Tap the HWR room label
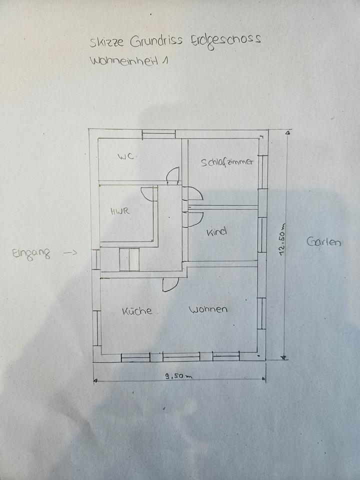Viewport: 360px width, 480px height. click(x=120, y=211)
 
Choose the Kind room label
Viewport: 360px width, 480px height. click(x=216, y=231)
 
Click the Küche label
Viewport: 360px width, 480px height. click(x=137, y=311)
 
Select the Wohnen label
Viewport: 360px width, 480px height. click(x=207, y=309)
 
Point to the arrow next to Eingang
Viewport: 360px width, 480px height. click(x=70, y=253)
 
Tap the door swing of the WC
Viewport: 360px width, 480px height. click(x=172, y=174)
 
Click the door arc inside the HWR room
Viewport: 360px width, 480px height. click(x=149, y=193)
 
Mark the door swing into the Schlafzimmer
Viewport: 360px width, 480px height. click(x=193, y=193)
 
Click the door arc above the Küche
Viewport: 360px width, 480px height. click(x=170, y=284)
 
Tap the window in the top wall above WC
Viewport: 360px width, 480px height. click(x=158, y=134)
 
